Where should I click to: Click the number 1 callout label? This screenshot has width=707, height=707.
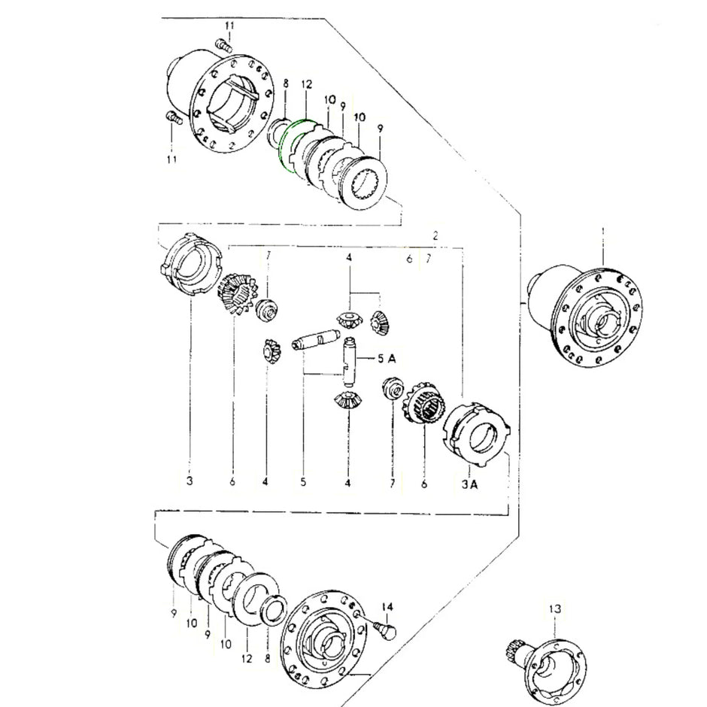pyautogui.click(x=602, y=231)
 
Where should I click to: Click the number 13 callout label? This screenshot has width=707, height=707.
pyautogui.click(x=554, y=608)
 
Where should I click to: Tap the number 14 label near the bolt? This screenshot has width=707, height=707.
pyautogui.click(x=387, y=607)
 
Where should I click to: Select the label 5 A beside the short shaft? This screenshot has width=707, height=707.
pyautogui.click(x=385, y=358)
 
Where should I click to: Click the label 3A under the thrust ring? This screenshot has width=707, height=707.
pyautogui.click(x=470, y=485)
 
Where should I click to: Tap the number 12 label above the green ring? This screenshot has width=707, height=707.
pyautogui.click(x=306, y=88)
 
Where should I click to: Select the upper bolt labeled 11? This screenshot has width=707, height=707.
pyautogui.click(x=223, y=47)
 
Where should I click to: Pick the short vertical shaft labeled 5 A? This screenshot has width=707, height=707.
pyautogui.click(x=348, y=360)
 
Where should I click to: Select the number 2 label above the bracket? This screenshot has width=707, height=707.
pyautogui.click(x=435, y=235)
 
